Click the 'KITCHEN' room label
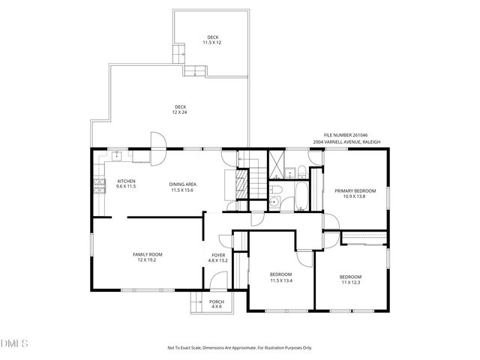click(x=126, y=181)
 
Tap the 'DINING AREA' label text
click(x=182, y=184)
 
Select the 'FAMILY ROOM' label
click(x=148, y=254)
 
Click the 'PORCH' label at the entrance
click(x=217, y=302)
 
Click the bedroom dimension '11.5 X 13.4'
click(x=281, y=281)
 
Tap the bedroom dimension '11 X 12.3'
click(x=351, y=282)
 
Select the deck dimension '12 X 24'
click(x=180, y=112)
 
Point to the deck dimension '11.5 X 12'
click(x=212, y=43)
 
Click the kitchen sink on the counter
click(x=117, y=157)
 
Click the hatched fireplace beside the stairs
click(x=241, y=185)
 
